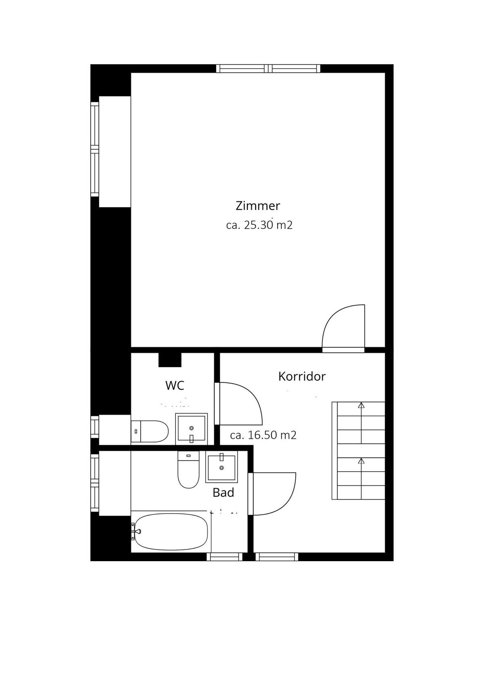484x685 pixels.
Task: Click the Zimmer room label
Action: (x=258, y=206)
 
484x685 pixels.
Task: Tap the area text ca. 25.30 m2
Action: (x=259, y=225)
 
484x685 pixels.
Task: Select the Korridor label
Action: (x=302, y=376)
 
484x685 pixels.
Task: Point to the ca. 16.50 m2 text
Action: (x=263, y=435)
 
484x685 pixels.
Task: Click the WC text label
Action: (x=175, y=385)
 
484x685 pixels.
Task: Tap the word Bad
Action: (x=223, y=493)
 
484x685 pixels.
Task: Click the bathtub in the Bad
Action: (x=171, y=531)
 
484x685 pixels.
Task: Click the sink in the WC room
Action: (x=191, y=428)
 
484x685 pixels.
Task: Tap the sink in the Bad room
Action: (x=221, y=467)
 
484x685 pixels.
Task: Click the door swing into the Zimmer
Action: (x=344, y=326)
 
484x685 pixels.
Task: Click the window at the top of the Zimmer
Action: (x=268, y=69)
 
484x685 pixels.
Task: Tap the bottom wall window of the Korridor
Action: (x=277, y=557)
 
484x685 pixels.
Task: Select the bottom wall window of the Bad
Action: (x=225, y=557)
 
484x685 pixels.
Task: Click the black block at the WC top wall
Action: (x=170, y=360)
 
